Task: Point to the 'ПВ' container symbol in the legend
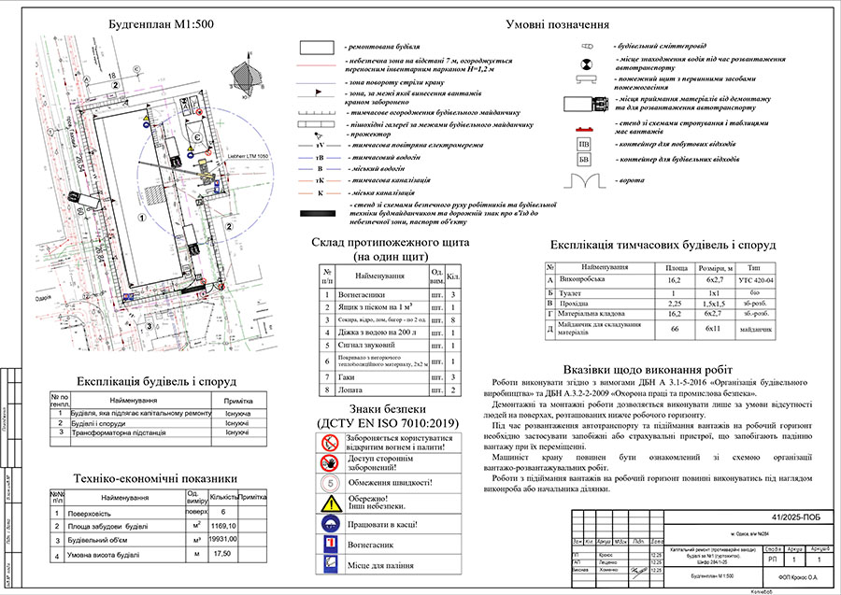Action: point(584,145)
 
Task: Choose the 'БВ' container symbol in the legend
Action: point(584,161)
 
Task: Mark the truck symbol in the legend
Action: point(587,104)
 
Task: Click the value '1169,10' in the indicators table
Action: point(224,526)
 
